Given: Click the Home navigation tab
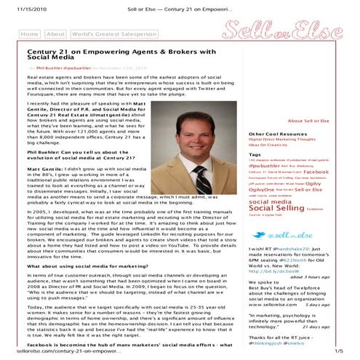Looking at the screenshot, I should [x=30, y=34].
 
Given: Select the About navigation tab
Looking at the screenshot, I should [x=55, y=34].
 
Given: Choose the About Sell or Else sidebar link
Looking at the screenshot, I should [x=308, y=121].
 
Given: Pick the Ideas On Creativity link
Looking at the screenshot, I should [x=270, y=145].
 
